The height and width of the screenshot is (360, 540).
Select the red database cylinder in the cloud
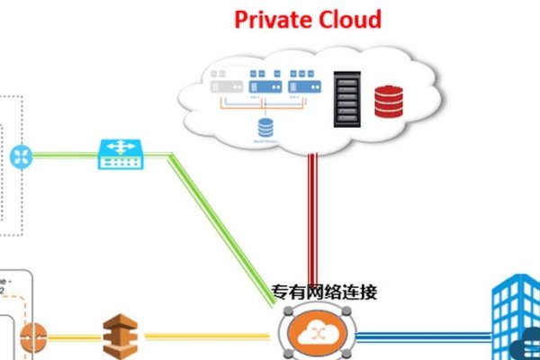[x=389, y=101]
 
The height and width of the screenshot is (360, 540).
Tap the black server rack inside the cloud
[x=347, y=98]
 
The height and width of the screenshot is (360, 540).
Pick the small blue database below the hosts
[x=265, y=128]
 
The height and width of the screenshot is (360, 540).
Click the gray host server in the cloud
[x=224, y=84]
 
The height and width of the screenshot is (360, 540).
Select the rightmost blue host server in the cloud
[x=304, y=84]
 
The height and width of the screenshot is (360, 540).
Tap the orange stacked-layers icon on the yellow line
[x=120, y=334]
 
